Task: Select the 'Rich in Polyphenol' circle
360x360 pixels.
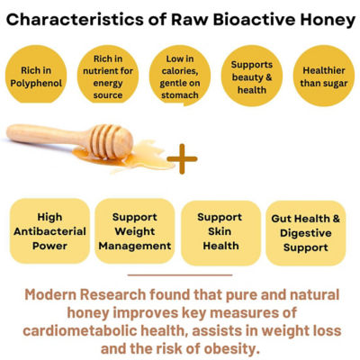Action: (x=36, y=75)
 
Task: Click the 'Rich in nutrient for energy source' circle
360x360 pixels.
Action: (x=108, y=75)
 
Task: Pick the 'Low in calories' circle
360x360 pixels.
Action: (x=180, y=75)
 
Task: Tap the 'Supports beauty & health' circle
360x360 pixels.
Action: (x=252, y=76)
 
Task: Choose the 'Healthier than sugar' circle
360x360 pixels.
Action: (x=324, y=76)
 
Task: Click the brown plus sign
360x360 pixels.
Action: (x=182, y=158)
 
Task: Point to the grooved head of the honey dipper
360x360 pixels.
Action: (x=111, y=141)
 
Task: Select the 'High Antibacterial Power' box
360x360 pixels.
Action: (x=49, y=231)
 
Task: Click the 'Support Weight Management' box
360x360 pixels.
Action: (x=135, y=231)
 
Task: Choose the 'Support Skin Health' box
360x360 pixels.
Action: (x=220, y=233)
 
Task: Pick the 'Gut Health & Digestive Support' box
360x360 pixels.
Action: (x=306, y=233)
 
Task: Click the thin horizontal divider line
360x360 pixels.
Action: (x=180, y=274)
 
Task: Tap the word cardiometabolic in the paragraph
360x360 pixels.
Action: (x=79, y=331)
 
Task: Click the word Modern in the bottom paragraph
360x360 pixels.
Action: (x=50, y=294)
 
